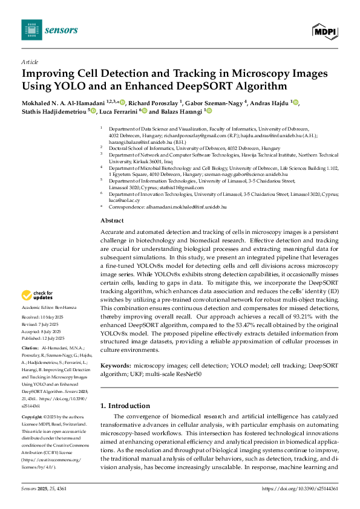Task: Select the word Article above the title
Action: [30, 62]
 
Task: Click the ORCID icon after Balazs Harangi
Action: [209, 112]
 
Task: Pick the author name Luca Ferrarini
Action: [118, 112]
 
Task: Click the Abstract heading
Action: [111, 221]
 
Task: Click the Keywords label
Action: [114, 366]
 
